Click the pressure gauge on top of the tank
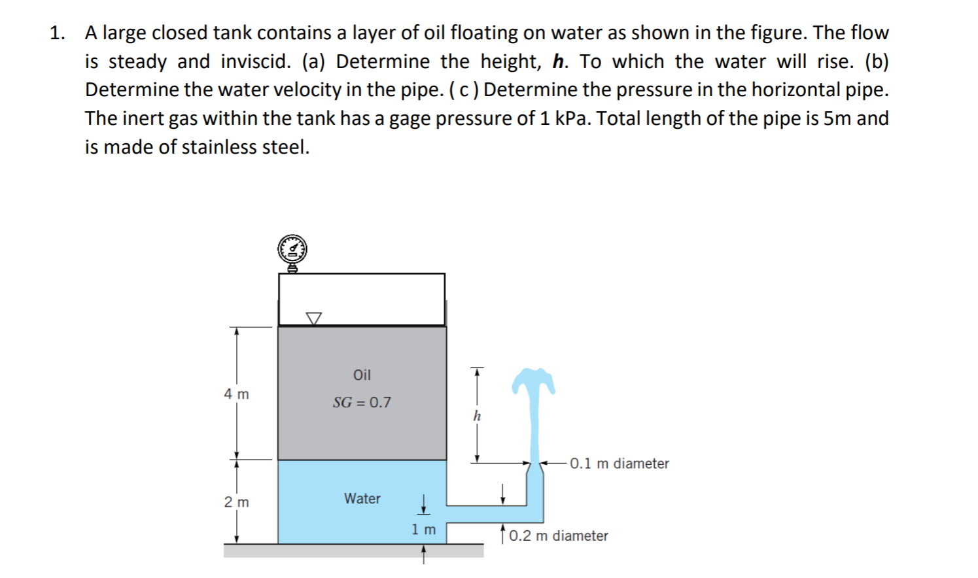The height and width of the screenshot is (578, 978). click(x=292, y=250)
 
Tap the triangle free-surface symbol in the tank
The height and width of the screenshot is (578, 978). click(x=314, y=318)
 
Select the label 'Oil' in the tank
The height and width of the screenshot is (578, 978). click(x=362, y=375)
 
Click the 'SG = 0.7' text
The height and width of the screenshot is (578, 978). click(x=362, y=402)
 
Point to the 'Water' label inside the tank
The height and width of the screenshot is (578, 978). click(x=362, y=498)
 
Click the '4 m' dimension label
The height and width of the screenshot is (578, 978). click(x=236, y=394)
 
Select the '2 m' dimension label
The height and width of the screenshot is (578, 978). click(x=236, y=502)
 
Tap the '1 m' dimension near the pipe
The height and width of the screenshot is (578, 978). click(x=423, y=530)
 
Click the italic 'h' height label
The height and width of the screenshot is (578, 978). click(x=477, y=416)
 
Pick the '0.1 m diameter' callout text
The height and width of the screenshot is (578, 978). click(x=619, y=464)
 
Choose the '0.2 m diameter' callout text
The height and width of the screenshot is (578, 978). click(x=558, y=536)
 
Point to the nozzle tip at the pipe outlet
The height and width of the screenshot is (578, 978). click(x=534, y=466)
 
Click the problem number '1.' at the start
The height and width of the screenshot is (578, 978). click(x=58, y=33)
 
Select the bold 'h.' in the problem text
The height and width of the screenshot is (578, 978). click(x=560, y=61)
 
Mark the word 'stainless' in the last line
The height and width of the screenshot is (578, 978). click(x=219, y=147)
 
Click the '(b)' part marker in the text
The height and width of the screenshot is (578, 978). click(x=876, y=61)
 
